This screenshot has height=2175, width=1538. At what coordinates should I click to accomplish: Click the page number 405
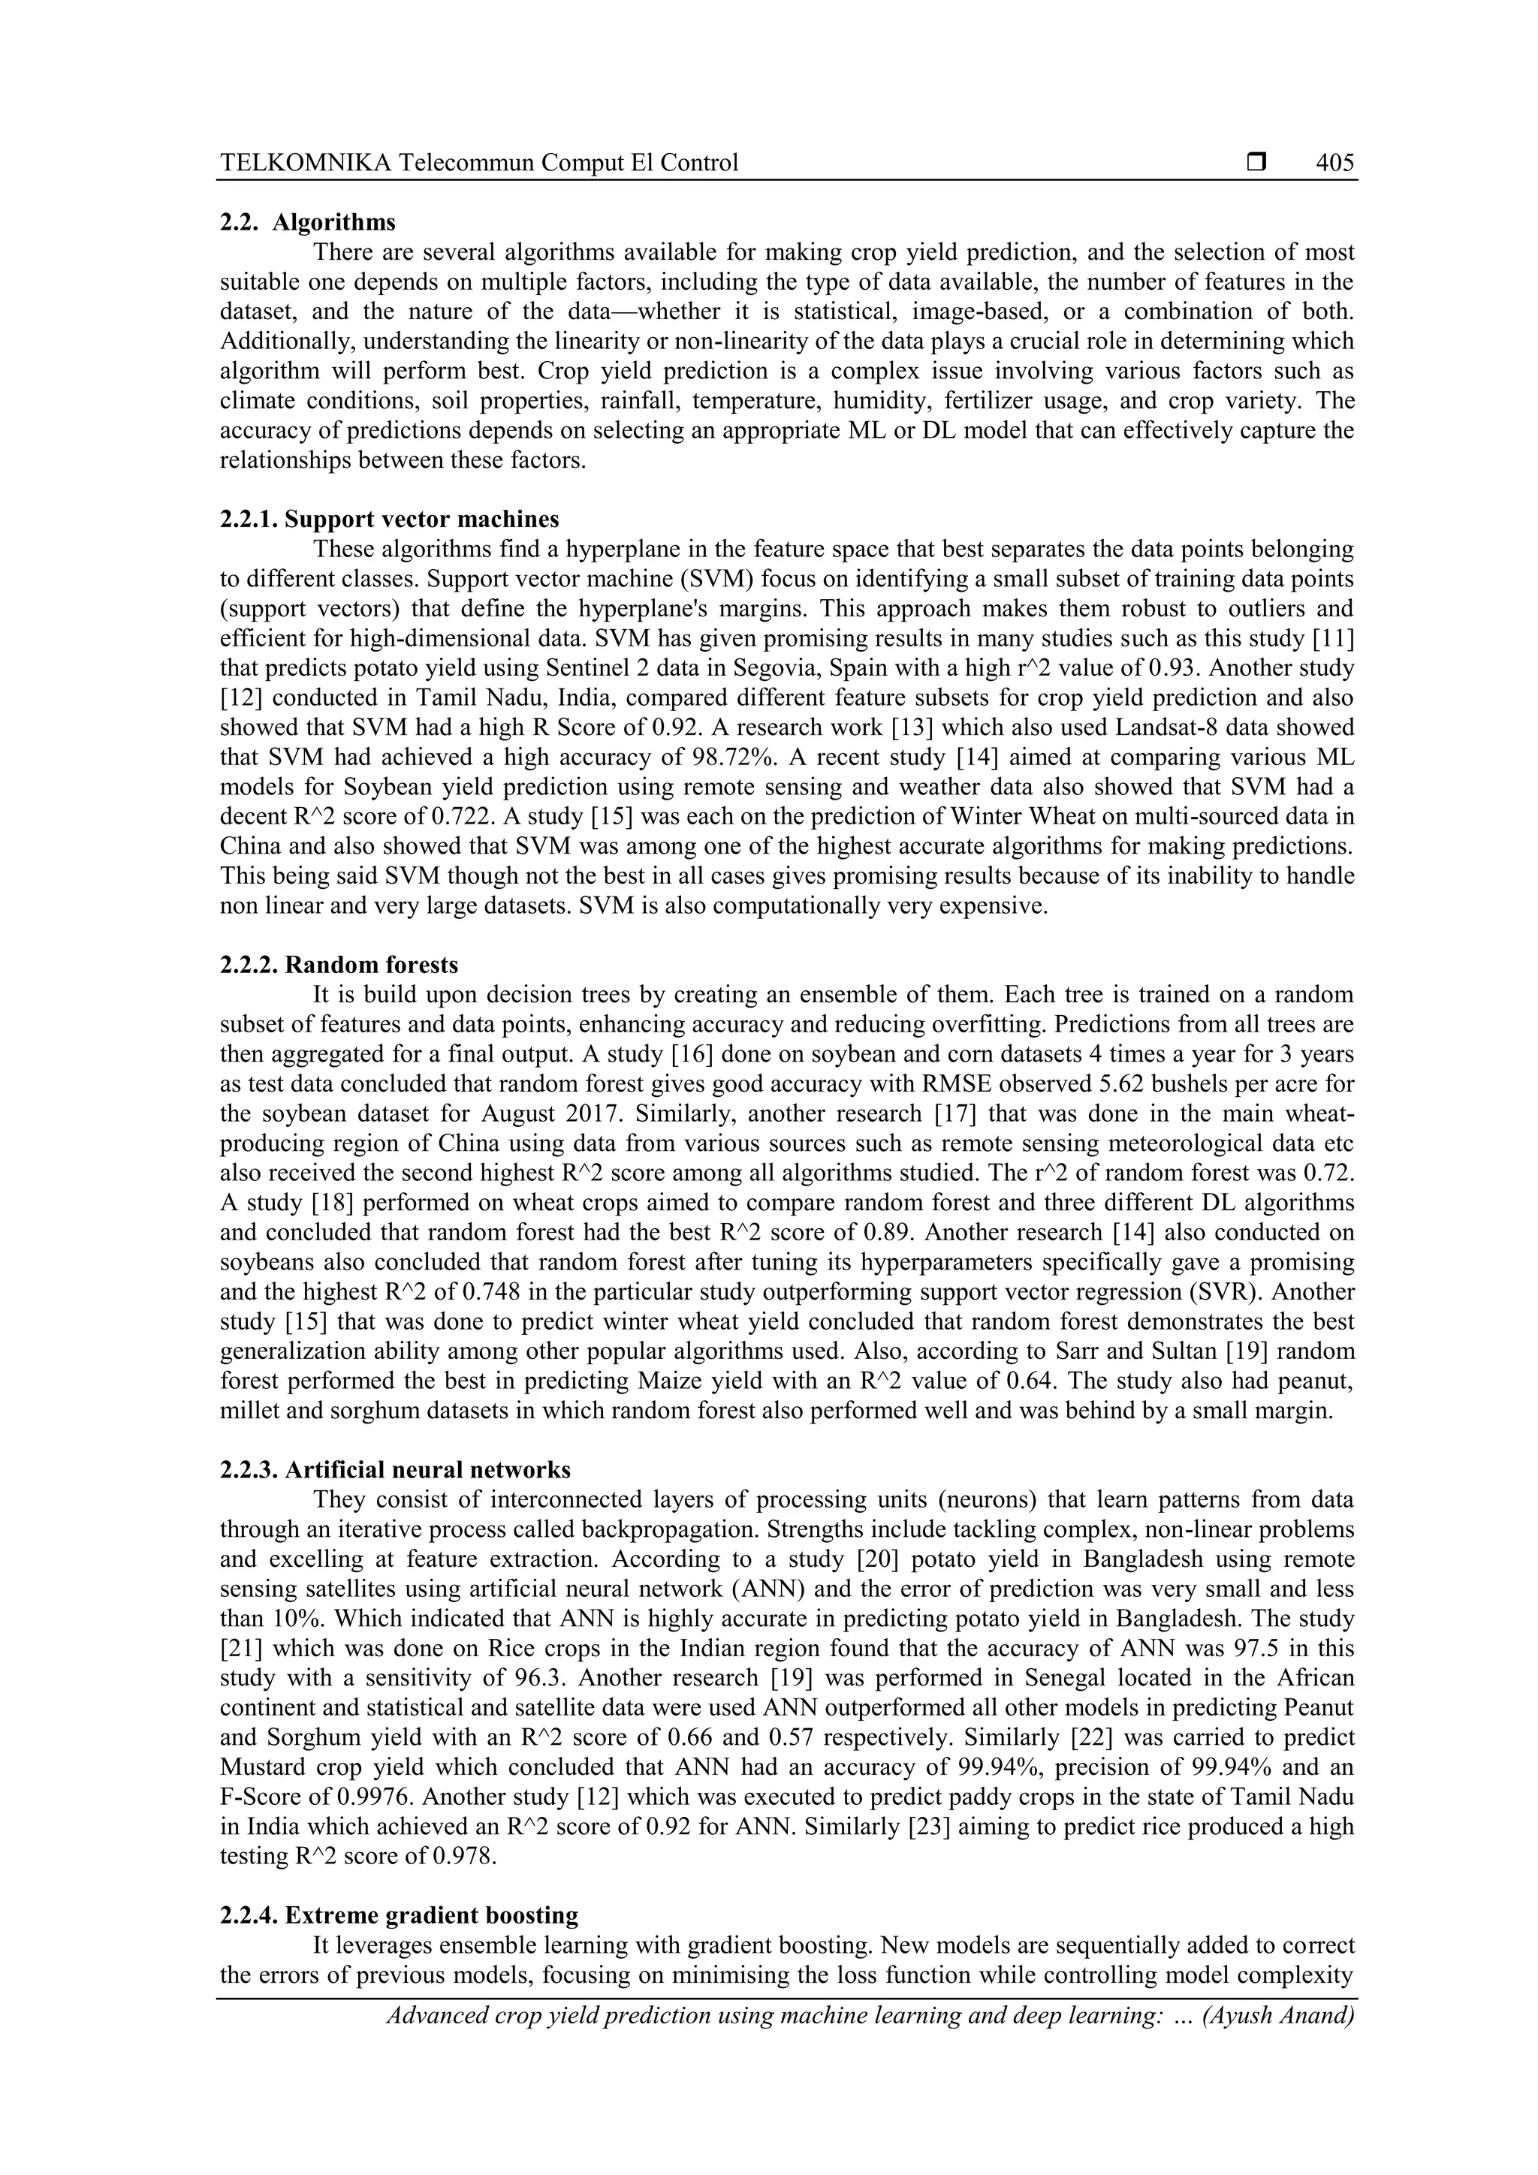(x=1334, y=163)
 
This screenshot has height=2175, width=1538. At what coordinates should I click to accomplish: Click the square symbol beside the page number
(x=1256, y=163)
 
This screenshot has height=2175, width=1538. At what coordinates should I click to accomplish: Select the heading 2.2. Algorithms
(x=307, y=223)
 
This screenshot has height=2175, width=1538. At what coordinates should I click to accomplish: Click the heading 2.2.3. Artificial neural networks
(x=394, y=1469)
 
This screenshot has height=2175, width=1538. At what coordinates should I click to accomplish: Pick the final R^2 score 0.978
(x=464, y=1856)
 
